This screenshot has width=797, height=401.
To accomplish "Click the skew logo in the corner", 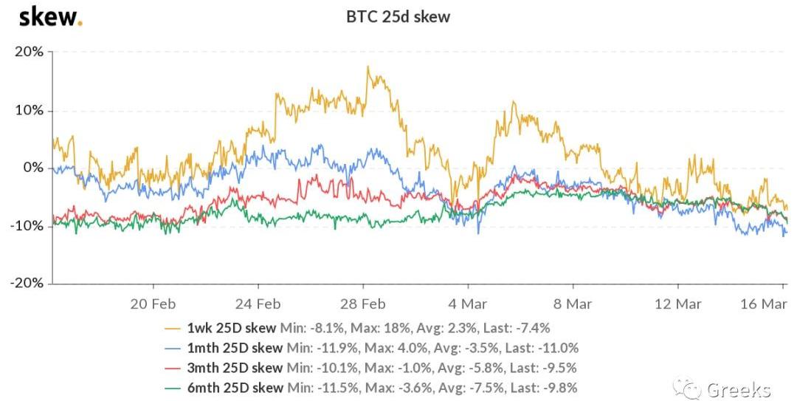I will [50, 16].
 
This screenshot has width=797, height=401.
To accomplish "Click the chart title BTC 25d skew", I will [398, 16].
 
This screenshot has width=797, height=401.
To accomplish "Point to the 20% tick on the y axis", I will [29, 52].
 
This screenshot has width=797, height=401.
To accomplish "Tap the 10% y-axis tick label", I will [29, 110].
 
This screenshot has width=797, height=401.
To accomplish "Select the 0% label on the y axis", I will [33, 168].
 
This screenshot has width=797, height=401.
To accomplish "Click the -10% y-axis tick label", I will [26, 225].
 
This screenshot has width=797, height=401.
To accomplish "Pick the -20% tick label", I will [26, 284].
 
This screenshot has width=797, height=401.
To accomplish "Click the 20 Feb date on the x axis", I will [153, 304].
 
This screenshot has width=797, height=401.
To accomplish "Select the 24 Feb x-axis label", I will [258, 304].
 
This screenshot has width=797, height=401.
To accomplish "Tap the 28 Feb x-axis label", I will [363, 304].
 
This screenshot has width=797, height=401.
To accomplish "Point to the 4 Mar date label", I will [467, 304].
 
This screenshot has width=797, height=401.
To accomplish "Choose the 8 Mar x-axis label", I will [572, 304].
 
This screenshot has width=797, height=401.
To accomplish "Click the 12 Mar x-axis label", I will [677, 304].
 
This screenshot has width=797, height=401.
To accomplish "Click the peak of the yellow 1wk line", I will [368, 67].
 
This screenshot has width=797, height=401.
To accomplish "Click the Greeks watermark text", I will [738, 389].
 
